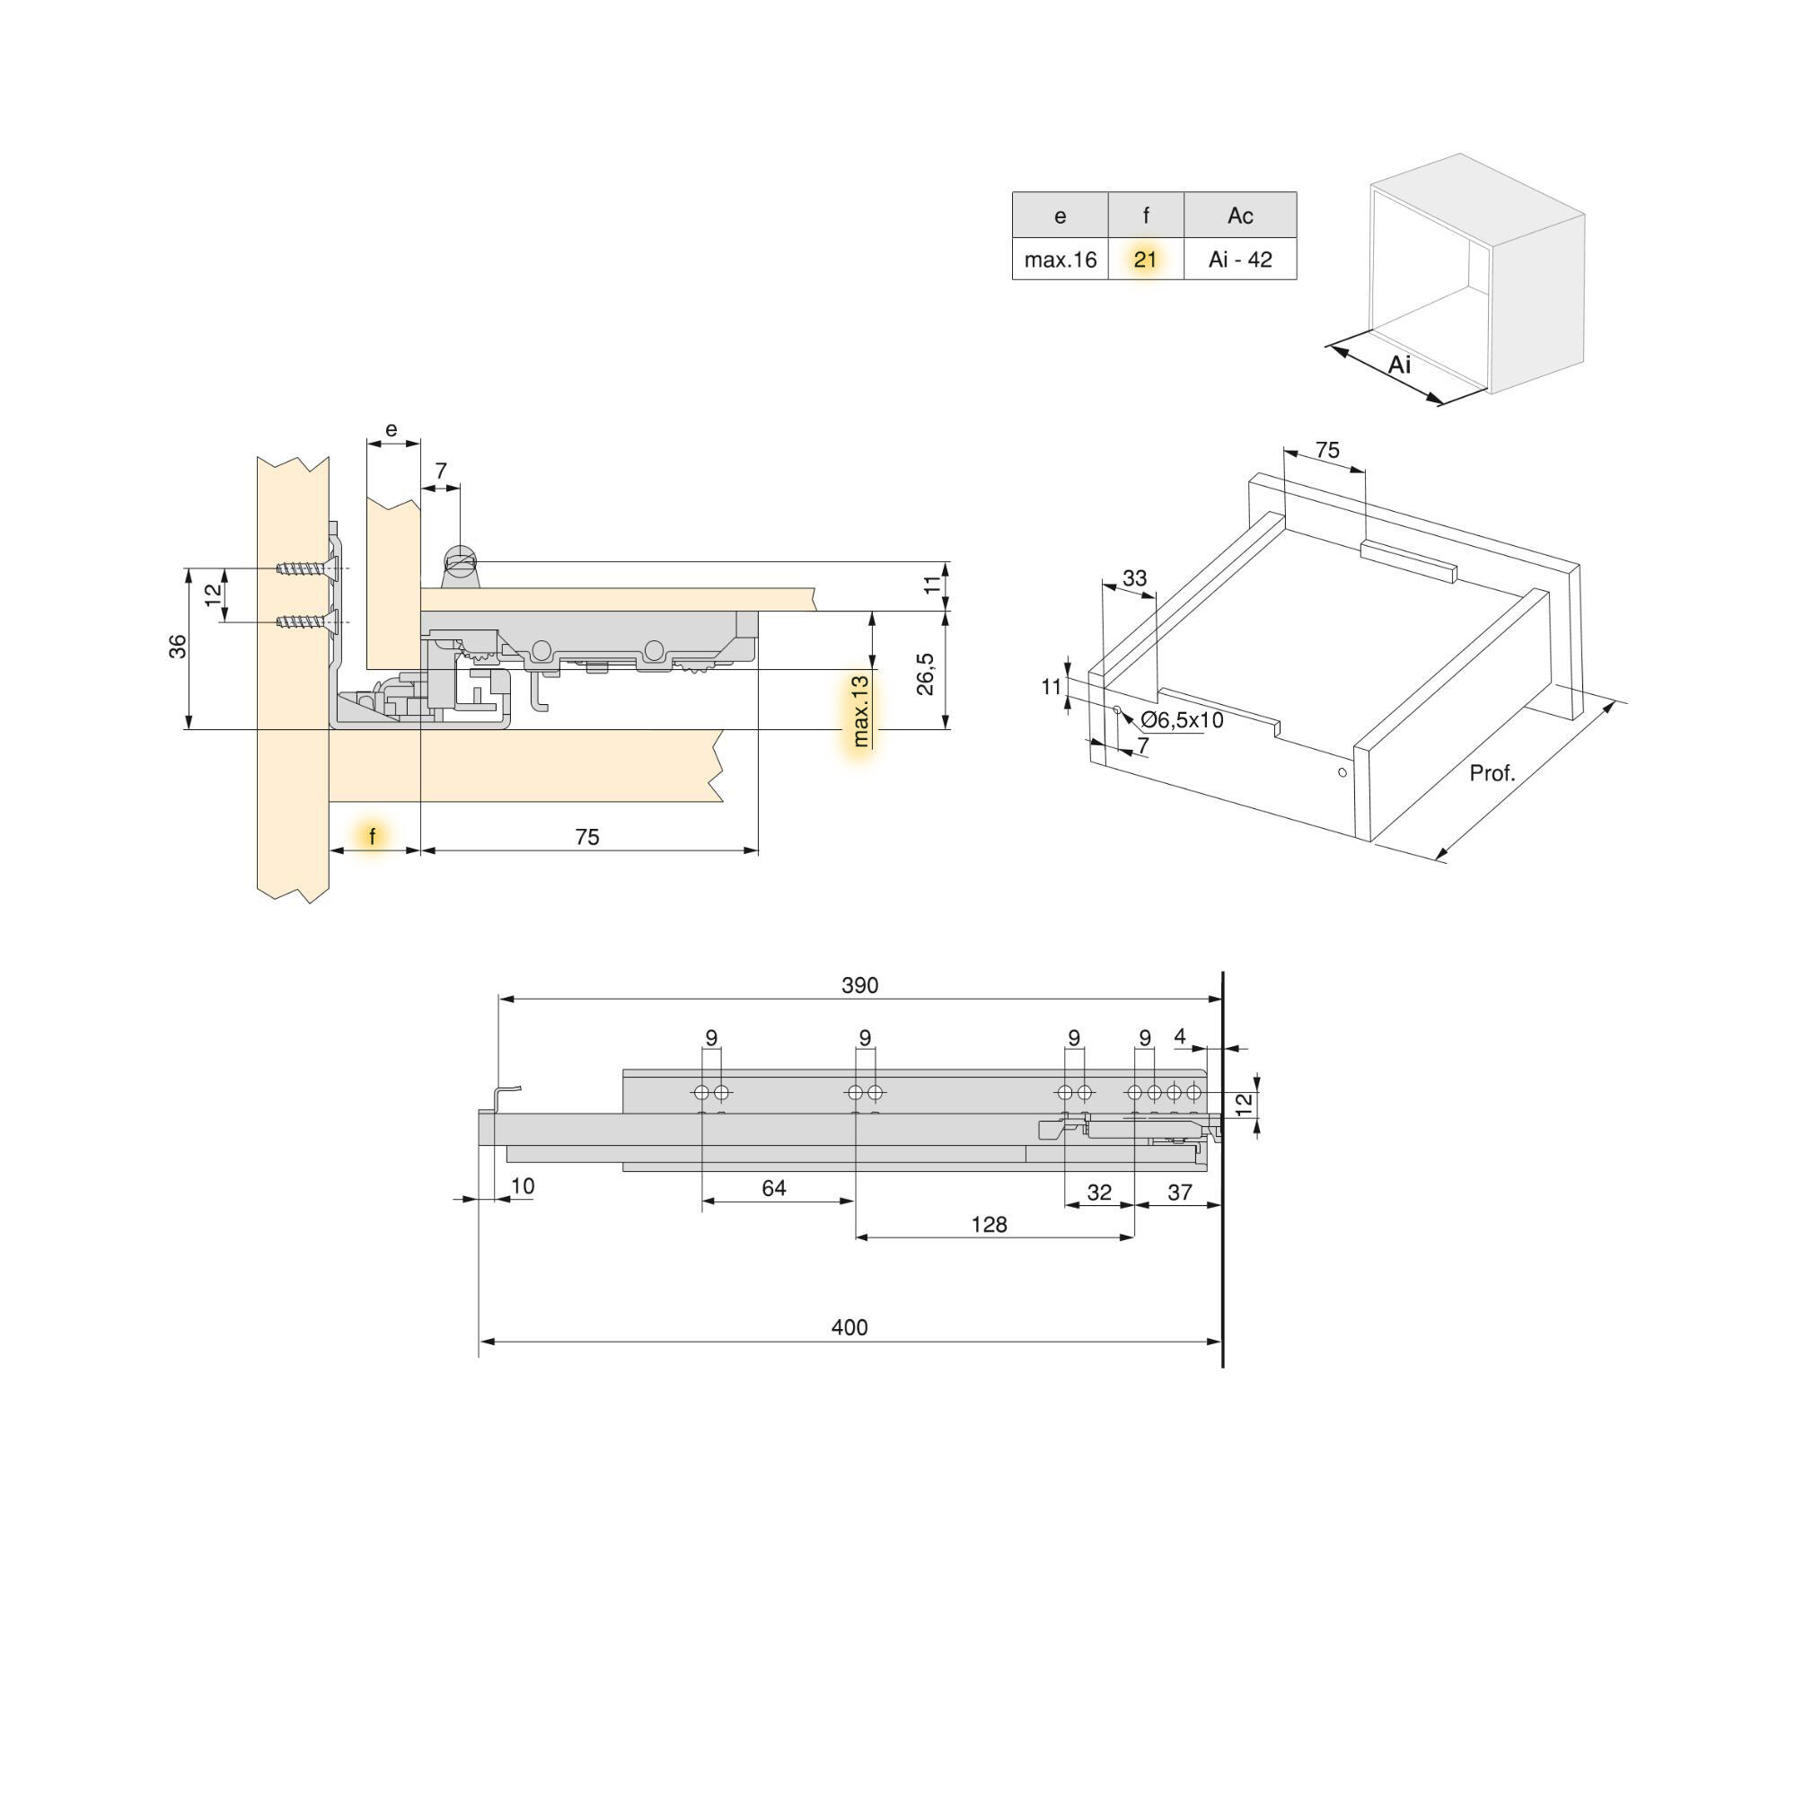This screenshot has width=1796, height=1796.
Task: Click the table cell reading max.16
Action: coord(1060,260)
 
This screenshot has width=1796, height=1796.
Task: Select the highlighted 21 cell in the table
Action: coord(1145,260)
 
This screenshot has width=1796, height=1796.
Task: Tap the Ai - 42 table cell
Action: coord(1240,260)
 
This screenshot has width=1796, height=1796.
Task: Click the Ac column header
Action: coord(1240,216)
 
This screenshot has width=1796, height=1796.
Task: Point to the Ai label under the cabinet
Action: coord(1399,365)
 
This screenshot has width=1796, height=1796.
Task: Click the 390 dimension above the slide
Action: coord(859,985)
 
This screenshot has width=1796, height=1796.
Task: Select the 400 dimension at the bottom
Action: coord(849,1327)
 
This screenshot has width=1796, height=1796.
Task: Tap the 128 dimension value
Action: coord(988,1225)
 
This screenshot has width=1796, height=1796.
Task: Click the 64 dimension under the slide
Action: coord(773,1188)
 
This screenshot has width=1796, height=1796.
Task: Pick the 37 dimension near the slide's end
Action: coord(1179,1193)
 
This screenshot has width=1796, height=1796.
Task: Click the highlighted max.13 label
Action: coord(861,711)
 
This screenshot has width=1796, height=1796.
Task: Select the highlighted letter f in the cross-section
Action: coord(373,837)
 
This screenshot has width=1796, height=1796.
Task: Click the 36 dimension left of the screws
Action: coord(178,646)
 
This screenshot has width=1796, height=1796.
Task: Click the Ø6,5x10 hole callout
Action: coord(1182,720)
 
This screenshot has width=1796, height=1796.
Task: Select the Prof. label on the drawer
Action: coord(1492,773)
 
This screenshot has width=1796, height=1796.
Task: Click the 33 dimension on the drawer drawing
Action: coord(1134,578)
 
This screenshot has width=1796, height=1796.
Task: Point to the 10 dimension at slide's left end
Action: coord(523,1186)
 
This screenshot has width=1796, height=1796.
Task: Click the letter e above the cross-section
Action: coord(392,429)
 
